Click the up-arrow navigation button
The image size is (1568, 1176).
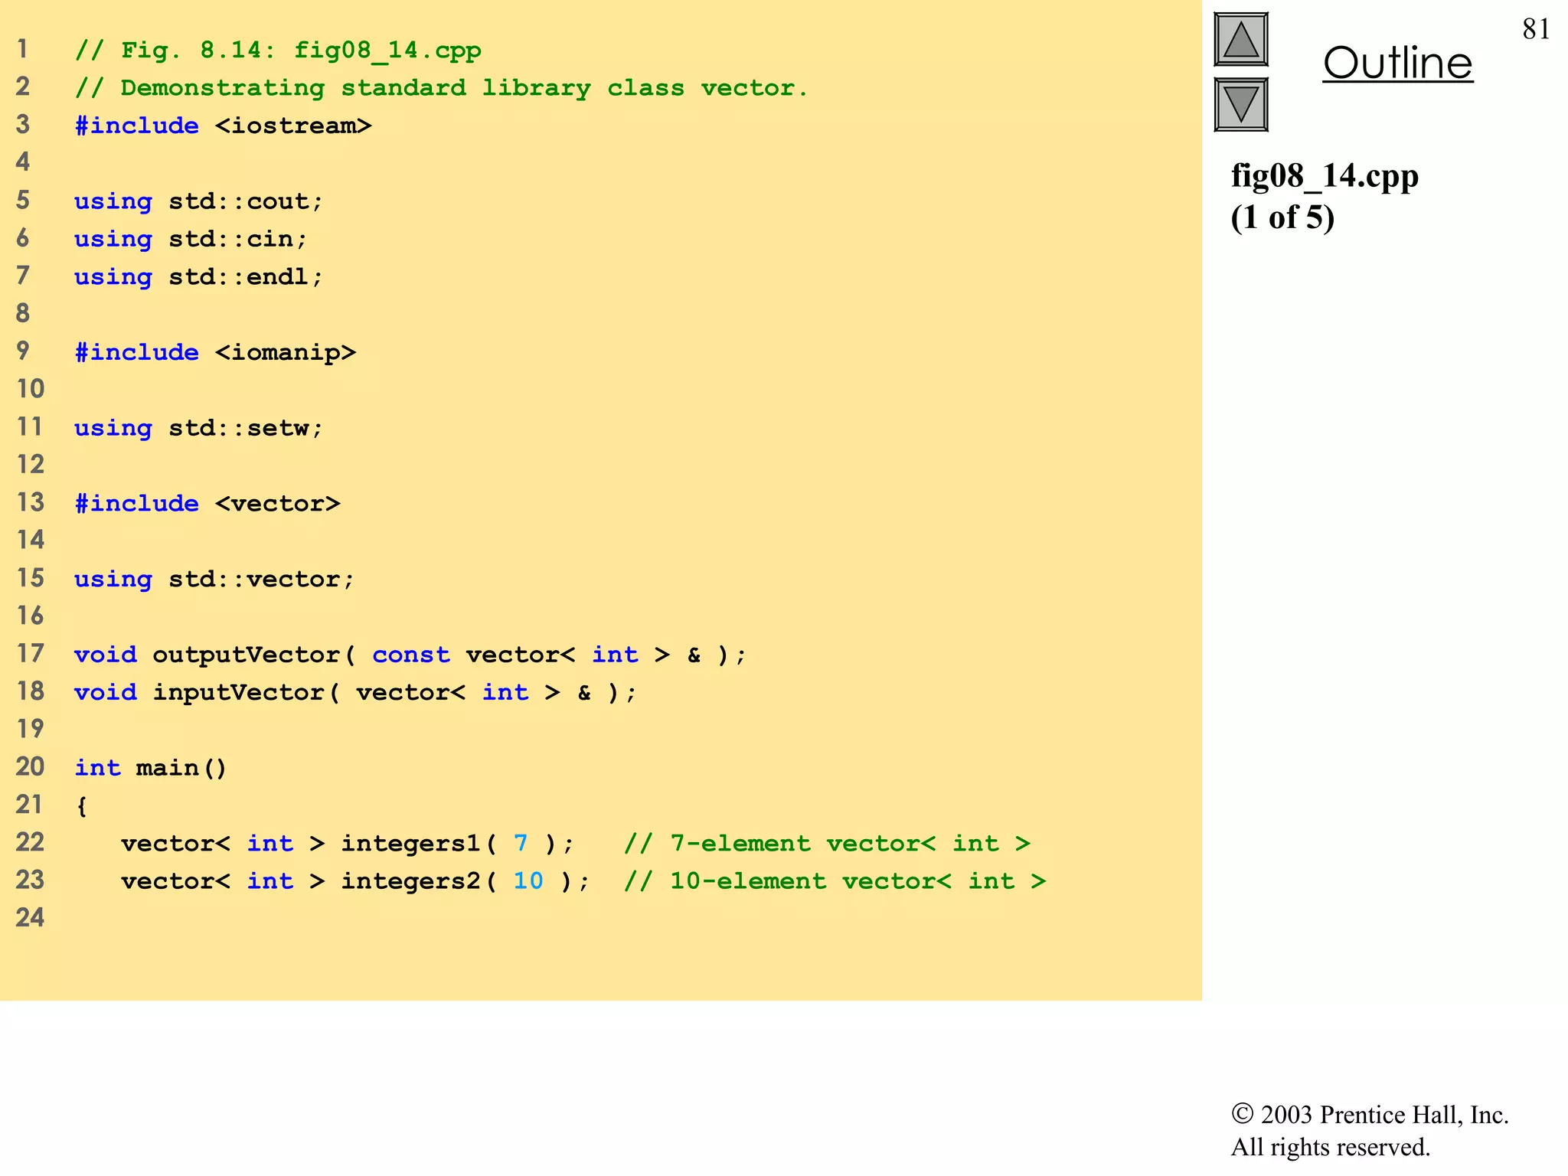click(x=1240, y=40)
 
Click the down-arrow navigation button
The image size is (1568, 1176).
click(x=1240, y=104)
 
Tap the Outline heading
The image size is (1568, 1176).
click(x=1397, y=63)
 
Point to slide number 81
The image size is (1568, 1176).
click(x=1536, y=29)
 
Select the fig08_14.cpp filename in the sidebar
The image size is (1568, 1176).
click(x=1325, y=176)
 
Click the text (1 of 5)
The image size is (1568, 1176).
click(x=1282, y=217)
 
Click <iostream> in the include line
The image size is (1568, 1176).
click(x=293, y=126)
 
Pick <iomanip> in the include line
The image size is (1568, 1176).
click(x=286, y=352)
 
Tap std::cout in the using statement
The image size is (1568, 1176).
click(x=246, y=201)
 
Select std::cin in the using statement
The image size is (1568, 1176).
click(x=238, y=239)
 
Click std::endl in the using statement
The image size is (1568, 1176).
click(x=246, y=276)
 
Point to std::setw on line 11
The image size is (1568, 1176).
click(x=246, y=428)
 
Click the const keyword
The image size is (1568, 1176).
click(x=411, y=655)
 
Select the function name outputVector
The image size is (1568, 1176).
click(x=246, y=655)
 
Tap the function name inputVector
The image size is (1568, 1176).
click(x=238, y=692)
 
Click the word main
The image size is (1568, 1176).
click(x=167, y=768)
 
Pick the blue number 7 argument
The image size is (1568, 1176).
click(x=521, y=843)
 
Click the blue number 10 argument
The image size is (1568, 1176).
click(x=528, y=880)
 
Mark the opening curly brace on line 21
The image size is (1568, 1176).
click(x=82, y=805)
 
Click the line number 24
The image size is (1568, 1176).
click(x=30, y=917)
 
